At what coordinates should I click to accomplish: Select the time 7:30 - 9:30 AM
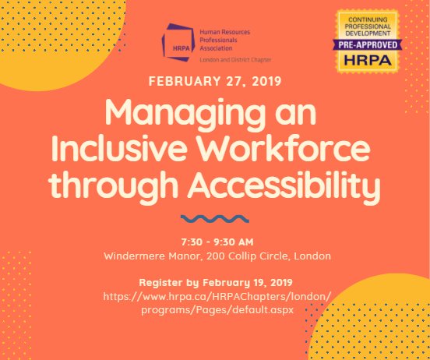[x=214, y=241]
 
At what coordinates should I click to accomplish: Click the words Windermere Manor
[x=143, y=255]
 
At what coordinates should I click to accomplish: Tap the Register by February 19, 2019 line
[x=214, y=282]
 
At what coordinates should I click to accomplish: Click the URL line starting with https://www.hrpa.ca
[x=214, y=296]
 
